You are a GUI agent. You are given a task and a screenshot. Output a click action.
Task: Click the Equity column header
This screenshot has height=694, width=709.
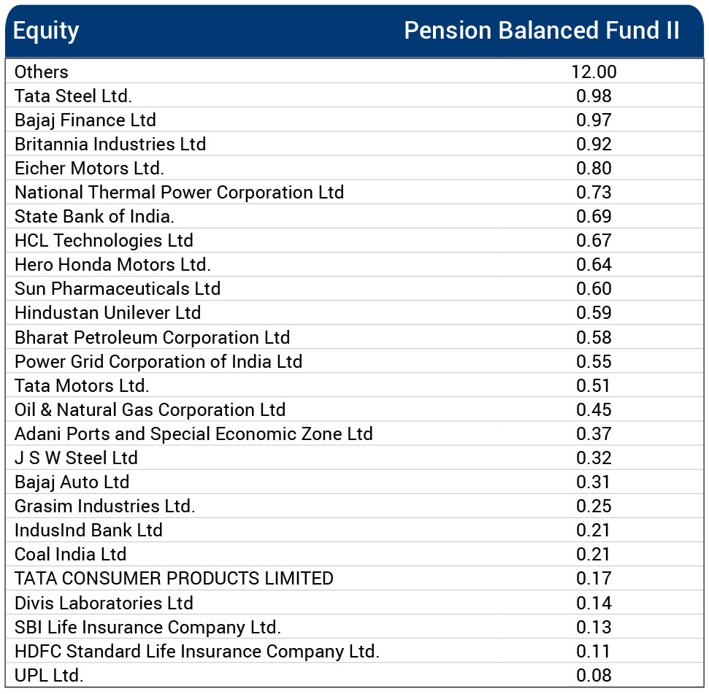[46, 31]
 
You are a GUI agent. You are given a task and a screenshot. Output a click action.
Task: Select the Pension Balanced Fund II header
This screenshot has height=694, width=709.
[541, 31]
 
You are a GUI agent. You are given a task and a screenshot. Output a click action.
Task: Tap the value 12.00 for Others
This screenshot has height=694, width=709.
[594, 72]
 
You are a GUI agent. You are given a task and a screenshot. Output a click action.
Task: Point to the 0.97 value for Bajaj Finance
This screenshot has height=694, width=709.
[594, 120]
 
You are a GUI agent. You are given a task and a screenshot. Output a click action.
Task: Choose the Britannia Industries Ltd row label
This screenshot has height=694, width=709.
[110, 144]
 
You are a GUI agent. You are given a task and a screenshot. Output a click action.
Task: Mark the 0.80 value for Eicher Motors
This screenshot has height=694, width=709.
[594, 168]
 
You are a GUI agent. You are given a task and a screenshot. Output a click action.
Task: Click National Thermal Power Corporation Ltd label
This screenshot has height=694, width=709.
[179, 192]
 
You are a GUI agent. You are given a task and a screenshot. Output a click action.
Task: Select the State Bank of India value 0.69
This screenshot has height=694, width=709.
[594, 216]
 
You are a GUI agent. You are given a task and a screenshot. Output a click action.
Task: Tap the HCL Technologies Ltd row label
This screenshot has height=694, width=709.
[104, 240]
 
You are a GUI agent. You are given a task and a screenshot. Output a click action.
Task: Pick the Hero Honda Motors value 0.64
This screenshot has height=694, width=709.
[594, 264]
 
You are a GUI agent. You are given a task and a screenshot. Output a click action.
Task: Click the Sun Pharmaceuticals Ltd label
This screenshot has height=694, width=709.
[118, 288]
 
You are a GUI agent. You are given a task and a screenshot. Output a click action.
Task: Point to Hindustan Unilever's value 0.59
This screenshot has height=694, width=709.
[594, 312]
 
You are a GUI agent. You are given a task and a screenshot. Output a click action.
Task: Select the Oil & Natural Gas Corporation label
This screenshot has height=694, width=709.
[150, 409]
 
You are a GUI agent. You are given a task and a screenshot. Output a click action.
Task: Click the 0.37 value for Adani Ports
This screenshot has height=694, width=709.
[594, 433]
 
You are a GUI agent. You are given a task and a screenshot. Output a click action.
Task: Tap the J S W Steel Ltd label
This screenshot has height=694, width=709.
[76, 458]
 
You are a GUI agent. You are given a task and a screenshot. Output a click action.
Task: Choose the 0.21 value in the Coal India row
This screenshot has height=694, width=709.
[594, 554]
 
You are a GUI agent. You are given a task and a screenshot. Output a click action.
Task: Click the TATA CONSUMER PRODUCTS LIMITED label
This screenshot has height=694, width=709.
[174, 578]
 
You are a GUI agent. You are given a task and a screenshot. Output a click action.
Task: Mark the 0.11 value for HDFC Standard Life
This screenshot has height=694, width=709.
[594, 651]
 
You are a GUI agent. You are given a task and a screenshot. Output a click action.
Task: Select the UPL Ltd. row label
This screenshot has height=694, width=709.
[49, 675]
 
